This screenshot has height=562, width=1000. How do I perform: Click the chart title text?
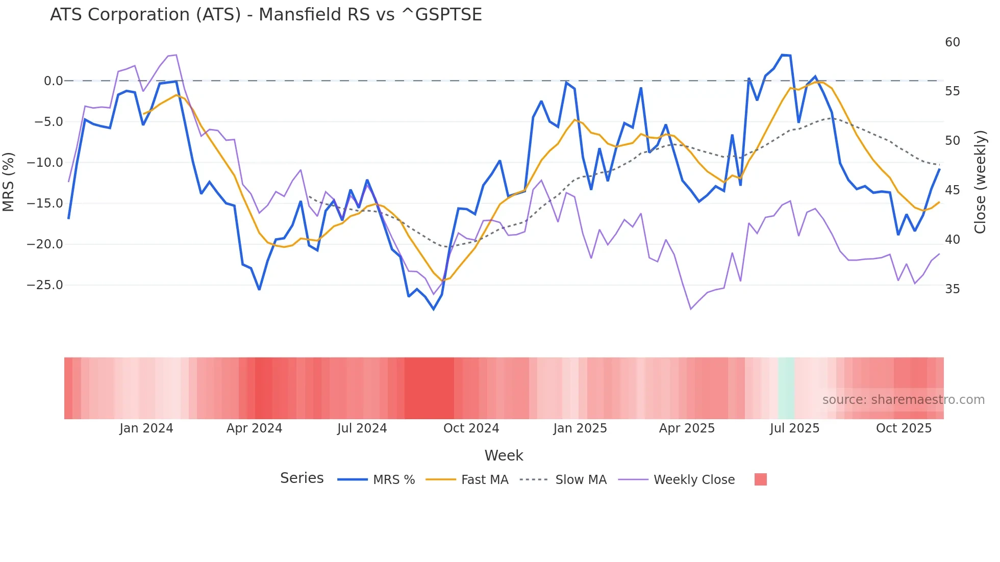pyautogui.click(x=266, y=15)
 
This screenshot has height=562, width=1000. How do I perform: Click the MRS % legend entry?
pyautogui.click(x=393, y=480)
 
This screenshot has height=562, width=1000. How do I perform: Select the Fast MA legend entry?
pyautogui.click(x=484, y=480)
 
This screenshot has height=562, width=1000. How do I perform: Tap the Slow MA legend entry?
pyautogui.click(x=581, y=480)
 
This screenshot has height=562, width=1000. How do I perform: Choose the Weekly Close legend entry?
pyautogui.click(x=694, y=480)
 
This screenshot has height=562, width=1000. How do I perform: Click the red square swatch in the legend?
pyautogui.click(x=760, y=479)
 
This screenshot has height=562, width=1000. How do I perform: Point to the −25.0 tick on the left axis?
pyautogui.click(x=45, y=285)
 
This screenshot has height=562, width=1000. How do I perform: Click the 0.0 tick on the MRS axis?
pyautogui.click(x=53, y=81)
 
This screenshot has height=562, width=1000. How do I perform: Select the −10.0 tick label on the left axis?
pyautogui.click(x=45, y=163)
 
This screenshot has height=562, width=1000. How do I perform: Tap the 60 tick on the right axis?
pyautogui.click(x=952, y=42)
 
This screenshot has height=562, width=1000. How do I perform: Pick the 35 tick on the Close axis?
pyautogui.click(x=952, y=289)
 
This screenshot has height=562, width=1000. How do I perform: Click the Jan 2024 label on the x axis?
pyautogui.click(x=146, y=428)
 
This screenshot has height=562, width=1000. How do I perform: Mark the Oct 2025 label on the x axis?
pyautogui.click(x=904, y=428)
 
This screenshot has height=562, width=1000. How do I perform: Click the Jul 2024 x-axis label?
pyautogui.click(x=362, y=428)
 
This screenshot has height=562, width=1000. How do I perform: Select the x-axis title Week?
pyautogui.click(x=504, y=455)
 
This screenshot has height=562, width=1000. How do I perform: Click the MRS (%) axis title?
pyautogui.click(x=9, y=182)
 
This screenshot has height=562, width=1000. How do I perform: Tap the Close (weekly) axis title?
pyautogui.click(x=980, y=182)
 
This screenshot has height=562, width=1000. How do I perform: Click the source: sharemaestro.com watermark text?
pyautogui.click(x=903, y=400)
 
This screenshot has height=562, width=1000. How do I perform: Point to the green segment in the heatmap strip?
pyautogui.click(x=786, y=388)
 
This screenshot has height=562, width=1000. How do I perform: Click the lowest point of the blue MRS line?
pyautogui.click(x=434, y=309)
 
